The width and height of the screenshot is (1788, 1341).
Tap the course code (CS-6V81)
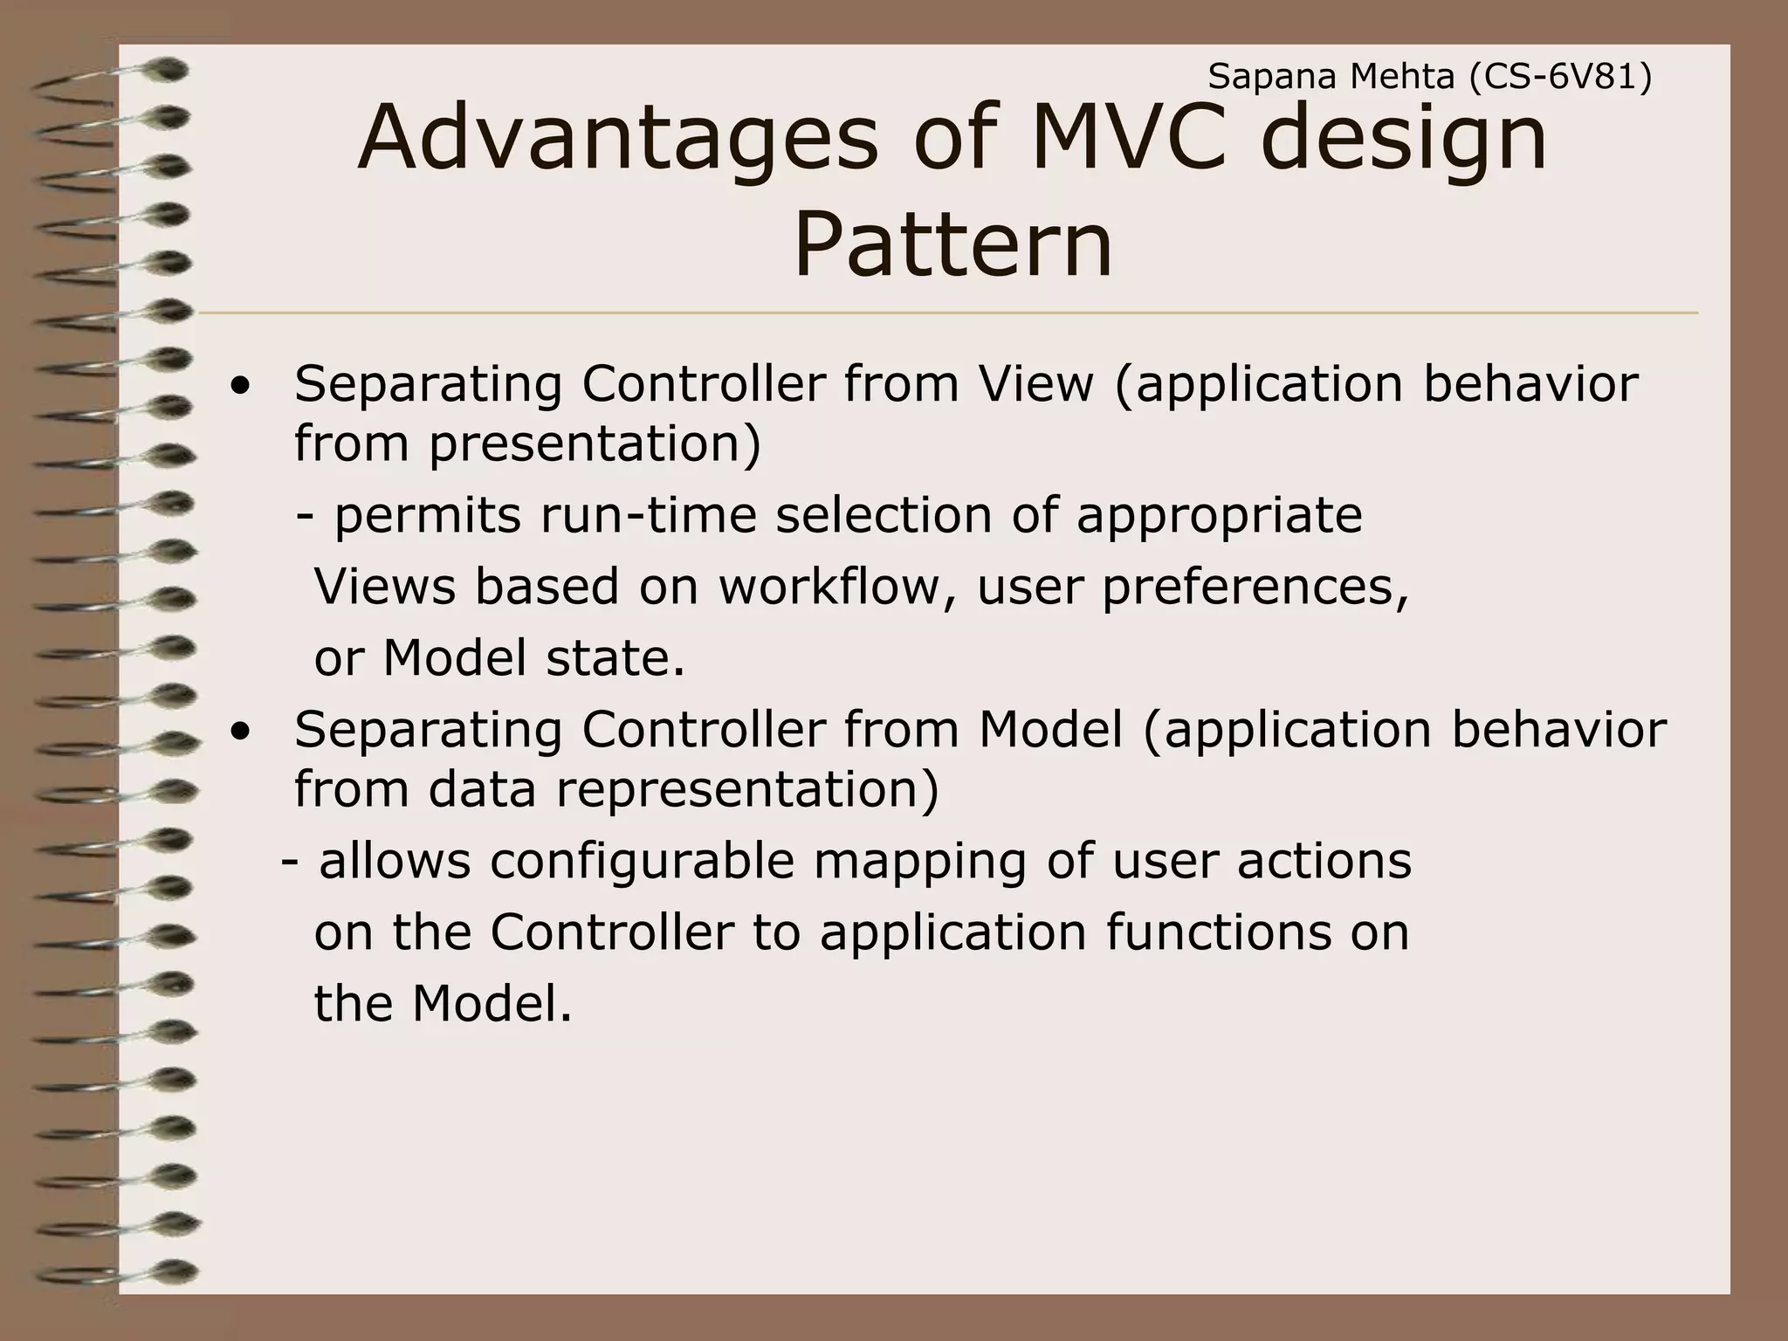click(x=1560, y=79)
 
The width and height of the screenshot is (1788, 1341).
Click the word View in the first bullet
click(x=1035, y=383)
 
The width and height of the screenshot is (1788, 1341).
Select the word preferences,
click(x=1255, y=586)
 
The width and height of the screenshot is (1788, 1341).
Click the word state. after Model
click(x=615, y=657)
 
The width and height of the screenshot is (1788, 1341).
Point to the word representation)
click(x=747, y=789)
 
